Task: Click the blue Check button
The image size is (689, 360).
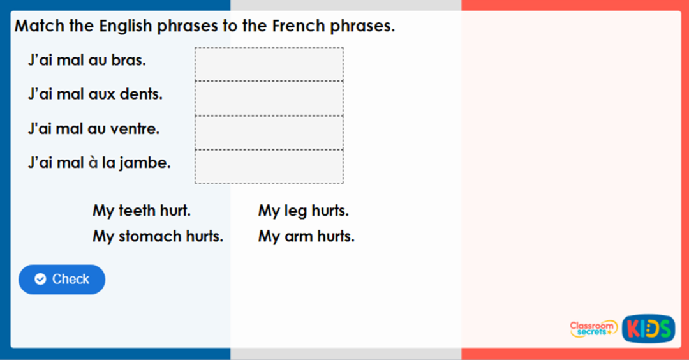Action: pos(62,280)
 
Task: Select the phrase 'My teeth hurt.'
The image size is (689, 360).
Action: pos(142,211)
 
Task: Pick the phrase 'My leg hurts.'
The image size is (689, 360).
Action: pos(303,211)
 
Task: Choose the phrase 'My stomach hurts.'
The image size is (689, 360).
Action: pos(158,236)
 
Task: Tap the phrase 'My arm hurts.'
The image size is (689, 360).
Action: pos(306,236)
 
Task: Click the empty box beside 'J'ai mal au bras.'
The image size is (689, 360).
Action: pos(269,64)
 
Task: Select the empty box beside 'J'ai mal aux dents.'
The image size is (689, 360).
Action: pos(269,98)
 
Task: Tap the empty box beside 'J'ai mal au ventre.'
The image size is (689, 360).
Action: pos(269,133)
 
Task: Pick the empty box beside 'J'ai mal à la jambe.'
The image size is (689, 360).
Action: pos(269,167)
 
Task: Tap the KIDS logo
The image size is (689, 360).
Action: pos(648,329)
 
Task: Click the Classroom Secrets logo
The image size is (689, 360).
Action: pos(593,329)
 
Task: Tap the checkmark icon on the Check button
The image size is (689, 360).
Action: pos(40,280)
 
